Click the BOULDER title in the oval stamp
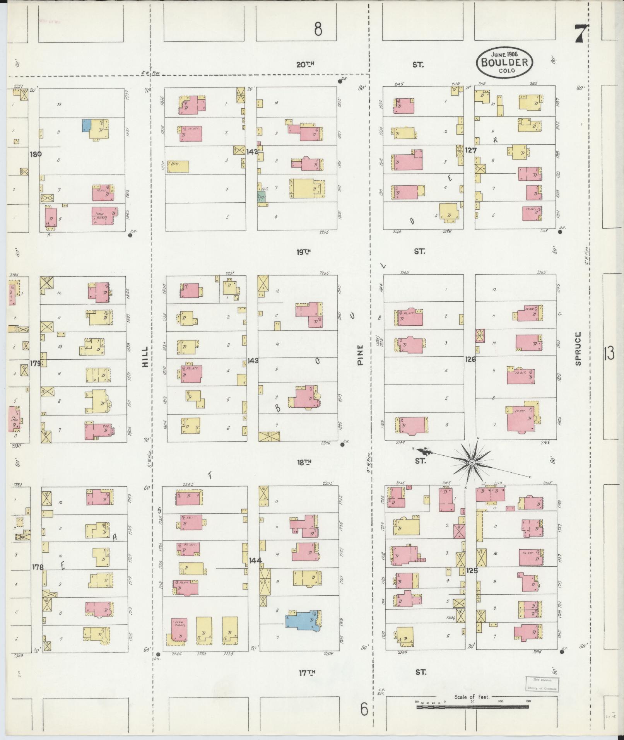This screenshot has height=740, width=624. (504, 62)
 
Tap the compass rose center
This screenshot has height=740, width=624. (472, 463)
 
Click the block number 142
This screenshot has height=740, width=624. (252, 152)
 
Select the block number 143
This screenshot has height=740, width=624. (253, 361)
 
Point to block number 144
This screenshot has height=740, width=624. (255, 560)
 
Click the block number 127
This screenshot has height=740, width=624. (471, 150)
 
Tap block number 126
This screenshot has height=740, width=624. (470, 359)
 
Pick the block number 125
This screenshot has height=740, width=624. (472, 571)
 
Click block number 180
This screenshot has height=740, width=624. (36, 154)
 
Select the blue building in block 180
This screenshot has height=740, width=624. (86, 125)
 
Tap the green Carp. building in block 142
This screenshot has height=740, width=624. (261, 197)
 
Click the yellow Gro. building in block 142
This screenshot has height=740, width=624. (178, 166)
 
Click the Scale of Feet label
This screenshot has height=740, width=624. (472, 697)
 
